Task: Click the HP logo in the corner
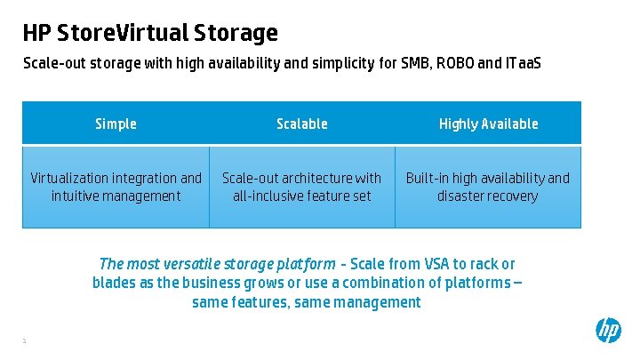point(609,331)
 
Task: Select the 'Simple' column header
point(116,124)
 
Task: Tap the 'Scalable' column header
point(302,124)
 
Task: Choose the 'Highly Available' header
point(488,124)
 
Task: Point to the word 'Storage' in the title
point(238,34)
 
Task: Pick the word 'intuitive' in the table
point(79,196)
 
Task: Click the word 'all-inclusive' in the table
point(266,196)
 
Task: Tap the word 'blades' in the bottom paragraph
point(115,283)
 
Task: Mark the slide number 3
point(25,340)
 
